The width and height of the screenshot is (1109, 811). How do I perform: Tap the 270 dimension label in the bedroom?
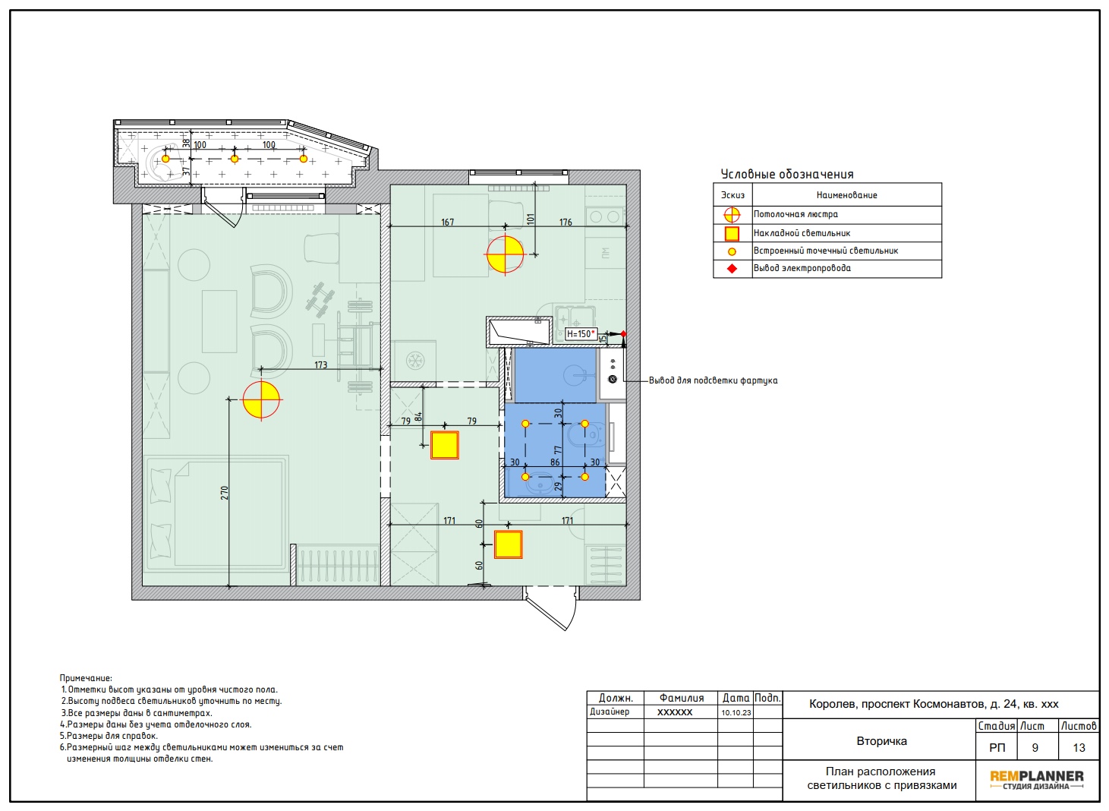pos(225,492)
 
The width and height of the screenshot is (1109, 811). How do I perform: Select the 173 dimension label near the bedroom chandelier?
pos(321,365)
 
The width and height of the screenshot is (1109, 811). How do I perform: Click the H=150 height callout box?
pos(581,334)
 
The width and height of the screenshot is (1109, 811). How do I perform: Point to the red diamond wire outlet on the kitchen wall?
pos(623,334)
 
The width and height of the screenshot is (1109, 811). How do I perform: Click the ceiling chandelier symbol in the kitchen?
pos(505,254)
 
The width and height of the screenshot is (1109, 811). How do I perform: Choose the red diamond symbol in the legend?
pos(732,269)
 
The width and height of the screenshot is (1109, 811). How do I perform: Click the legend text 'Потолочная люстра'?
pos(796,214)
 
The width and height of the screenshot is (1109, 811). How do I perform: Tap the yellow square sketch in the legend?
pos(732,233)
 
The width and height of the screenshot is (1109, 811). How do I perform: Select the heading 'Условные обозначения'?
pos(787,174)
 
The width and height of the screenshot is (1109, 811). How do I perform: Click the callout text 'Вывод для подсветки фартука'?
pos(713,380)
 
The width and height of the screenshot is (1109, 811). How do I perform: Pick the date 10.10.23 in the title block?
pos(736,713)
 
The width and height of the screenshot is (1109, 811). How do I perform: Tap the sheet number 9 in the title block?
pos(1035,747)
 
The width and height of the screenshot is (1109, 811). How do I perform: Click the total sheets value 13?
pos(1079,747)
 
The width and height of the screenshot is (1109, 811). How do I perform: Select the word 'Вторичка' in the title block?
pos(882,741)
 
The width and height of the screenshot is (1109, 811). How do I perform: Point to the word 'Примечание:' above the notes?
pos(86,678)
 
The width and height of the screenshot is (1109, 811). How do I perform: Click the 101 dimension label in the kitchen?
pos(531,219)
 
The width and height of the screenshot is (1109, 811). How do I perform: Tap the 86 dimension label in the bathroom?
pos(555,462)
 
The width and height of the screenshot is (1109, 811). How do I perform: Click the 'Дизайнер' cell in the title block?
pos(610,712)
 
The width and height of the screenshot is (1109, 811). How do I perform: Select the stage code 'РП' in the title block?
pos(997,747)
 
